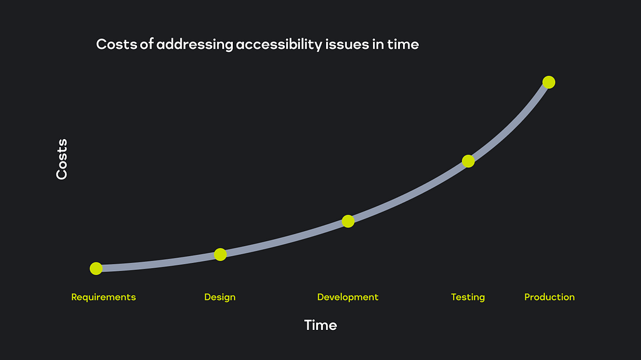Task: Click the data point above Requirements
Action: click(96, 269)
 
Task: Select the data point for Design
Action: click(220, 254)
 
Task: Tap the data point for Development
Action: click(348, 221)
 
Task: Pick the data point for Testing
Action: click(468, 161)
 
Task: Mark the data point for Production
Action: click(548, 82)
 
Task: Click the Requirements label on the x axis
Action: click(103, 297)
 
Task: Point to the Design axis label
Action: click(220, 297)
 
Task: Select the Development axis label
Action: click(348, 297)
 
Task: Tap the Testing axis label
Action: click(468, 297)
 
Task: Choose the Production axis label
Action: click(550, 297)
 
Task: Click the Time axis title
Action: click(320, 325)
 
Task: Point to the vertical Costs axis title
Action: click(62, 159)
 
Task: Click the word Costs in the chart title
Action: click(116, 44)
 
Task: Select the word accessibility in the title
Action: click(279, 44)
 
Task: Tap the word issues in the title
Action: click(347, 44)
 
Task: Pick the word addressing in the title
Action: click(195, 44)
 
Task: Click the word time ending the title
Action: click(403, 44)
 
